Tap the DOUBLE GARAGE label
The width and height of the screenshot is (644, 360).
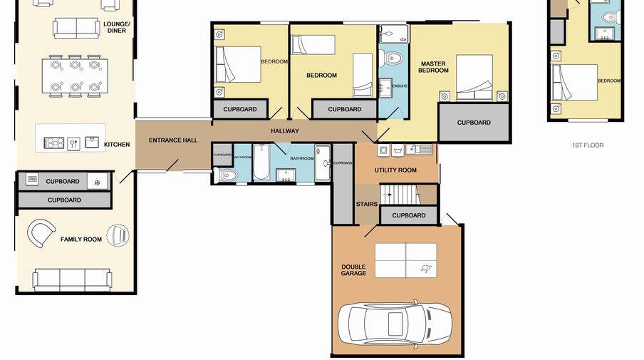[353, 270]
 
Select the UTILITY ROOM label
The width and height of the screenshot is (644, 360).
[395, 170]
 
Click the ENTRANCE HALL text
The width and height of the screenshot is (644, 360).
[173, 140]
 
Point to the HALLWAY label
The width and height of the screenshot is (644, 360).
[285, 131]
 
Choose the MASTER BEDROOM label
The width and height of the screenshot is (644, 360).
[433, 67]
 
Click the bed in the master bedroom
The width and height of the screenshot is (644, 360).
[474, 77]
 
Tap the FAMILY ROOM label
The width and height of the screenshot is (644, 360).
[82, 240]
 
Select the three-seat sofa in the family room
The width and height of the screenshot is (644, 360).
[72, 279]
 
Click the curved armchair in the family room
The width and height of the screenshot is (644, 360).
[41, 232]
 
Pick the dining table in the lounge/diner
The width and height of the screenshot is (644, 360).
[74, 76]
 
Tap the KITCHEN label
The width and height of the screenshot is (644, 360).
[117, 145]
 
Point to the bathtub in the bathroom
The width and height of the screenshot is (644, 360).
[261, 161]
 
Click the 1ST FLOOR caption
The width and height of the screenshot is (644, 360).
[587, 145]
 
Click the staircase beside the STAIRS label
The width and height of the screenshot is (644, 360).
[398, 193]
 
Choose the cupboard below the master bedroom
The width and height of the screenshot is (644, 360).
[474, 123]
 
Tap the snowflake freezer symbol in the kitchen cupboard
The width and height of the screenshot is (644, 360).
[98, 182]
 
